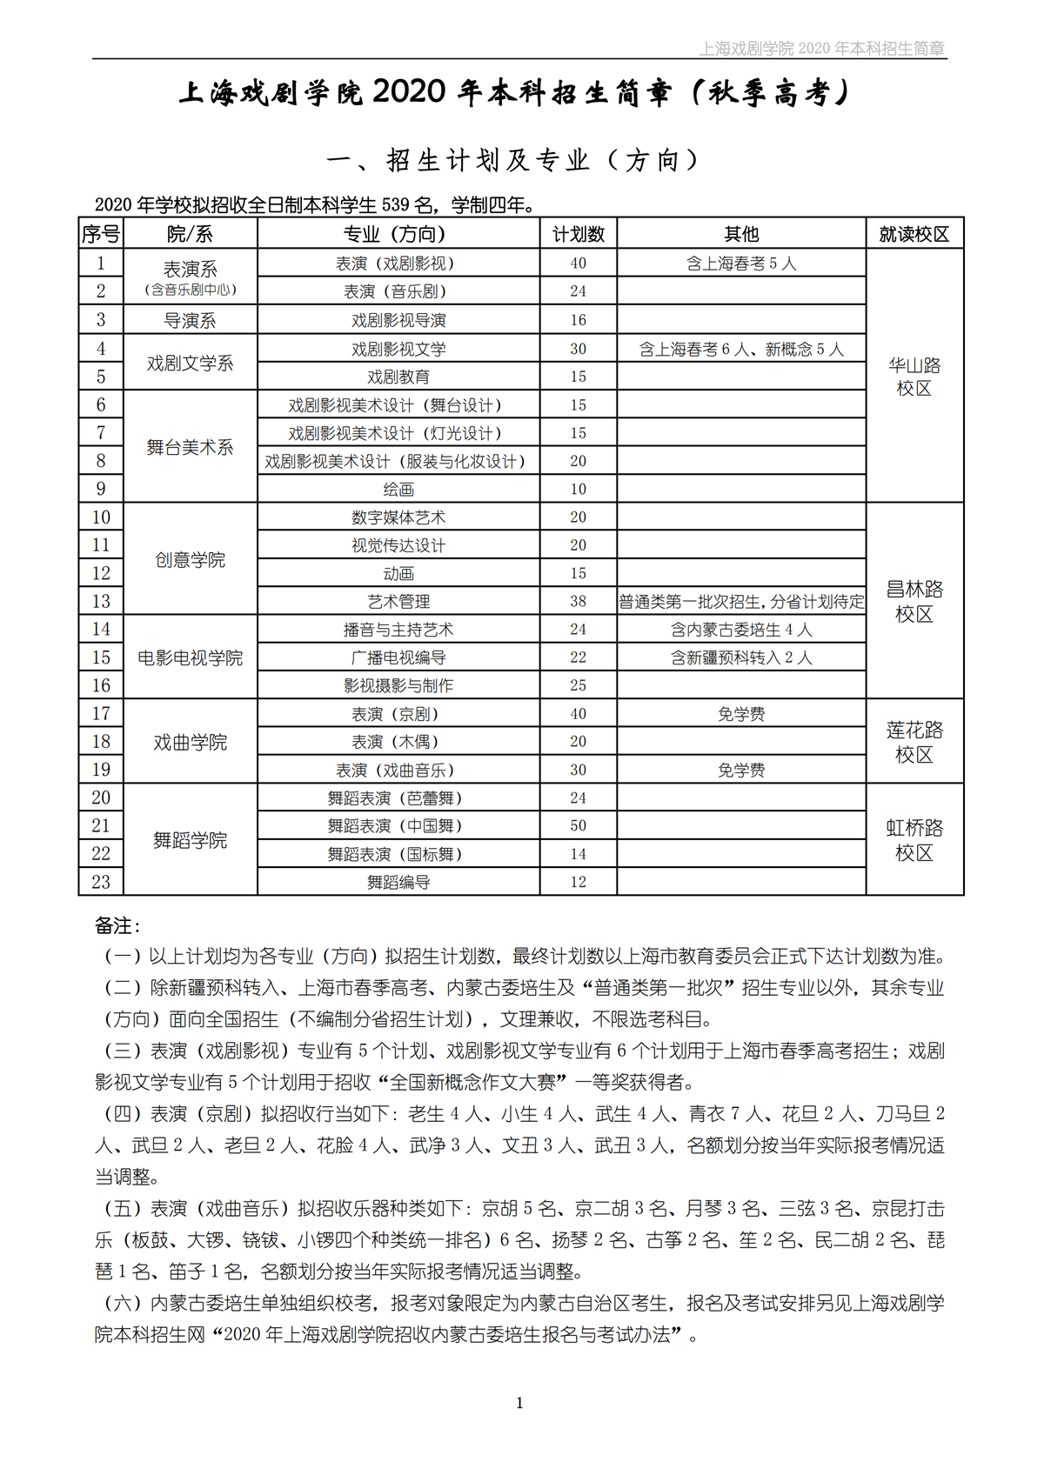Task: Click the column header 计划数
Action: click(x=579, y=234)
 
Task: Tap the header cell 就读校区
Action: click(x=914, y=234)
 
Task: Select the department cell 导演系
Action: click(x=190, y=320)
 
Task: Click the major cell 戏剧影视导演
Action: click(x=398, y=320)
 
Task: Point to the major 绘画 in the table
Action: click(x=398, y=490)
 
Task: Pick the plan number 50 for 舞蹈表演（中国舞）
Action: click(x=579, y=825)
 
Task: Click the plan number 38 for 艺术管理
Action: click(x=579, y=601)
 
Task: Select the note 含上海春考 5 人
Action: click(x=741, y=264)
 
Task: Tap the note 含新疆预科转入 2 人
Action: click(x=741, y=657)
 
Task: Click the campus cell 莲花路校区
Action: click(x=914, y=742)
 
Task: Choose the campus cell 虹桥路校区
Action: click(x=914, y=840)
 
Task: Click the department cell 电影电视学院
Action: click(x=190, y=657)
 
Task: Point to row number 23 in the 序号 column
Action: click(x=101, y=882)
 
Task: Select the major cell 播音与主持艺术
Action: click(x=398, y=630)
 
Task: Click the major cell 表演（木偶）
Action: click(x=398, y=742)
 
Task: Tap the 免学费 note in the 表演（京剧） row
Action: click(x=741, y=714)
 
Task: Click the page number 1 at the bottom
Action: click(x=519, y=1402)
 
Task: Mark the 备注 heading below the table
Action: click(x=117, y=925)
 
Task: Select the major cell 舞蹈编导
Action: click(x=398, y=882)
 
